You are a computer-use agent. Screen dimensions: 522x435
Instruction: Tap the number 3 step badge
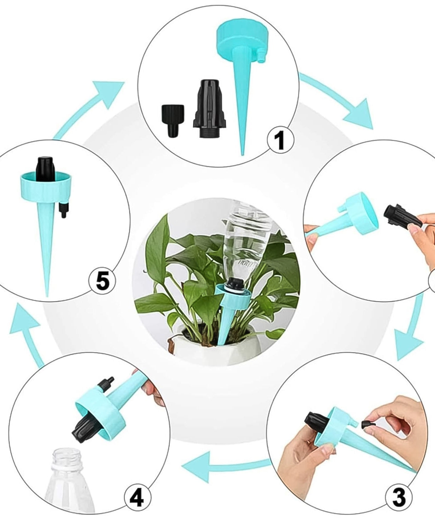click(x=399, y=497)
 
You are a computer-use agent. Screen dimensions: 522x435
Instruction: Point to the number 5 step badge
click(x=102, y=281)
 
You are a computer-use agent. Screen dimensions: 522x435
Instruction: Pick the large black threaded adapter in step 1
click(x=209, y=109)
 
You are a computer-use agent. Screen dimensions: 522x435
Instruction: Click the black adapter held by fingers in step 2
click(x=400, y=216)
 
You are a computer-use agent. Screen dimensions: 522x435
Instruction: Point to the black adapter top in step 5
click(x=45, y=169)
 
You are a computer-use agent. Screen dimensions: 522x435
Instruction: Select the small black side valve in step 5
click(x=63, y=210)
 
